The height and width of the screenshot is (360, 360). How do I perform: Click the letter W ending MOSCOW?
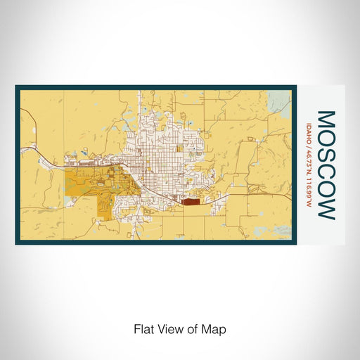(x=326, y=207)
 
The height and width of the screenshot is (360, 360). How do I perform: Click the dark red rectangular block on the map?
(x=191, y=200)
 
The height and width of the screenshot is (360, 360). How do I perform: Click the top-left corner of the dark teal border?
(x=16, y=86)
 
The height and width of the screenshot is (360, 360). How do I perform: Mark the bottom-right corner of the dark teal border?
(x=295, y=243)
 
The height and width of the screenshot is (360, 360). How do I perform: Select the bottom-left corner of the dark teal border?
(x=16, y=243)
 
